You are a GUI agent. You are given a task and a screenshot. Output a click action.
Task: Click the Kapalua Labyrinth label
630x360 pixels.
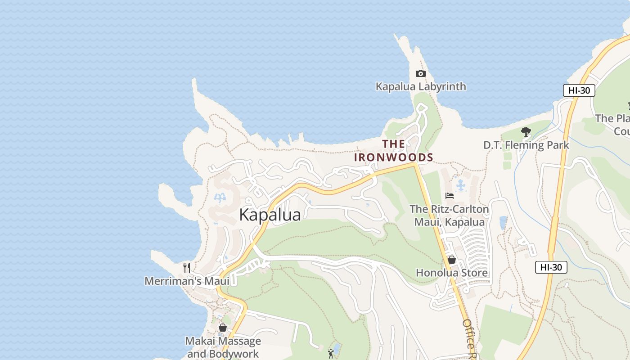point(421,86)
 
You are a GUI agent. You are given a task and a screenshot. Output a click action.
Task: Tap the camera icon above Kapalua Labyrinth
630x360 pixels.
point(420,73)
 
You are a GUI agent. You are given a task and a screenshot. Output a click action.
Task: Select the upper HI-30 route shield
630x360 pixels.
point(579,90)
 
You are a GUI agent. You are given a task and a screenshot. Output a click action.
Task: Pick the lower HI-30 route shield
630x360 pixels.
point(551,267)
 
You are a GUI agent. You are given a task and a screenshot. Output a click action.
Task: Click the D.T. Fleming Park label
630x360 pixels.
point(526,145)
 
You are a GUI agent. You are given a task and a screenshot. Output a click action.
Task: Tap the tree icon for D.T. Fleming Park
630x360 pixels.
point(526,132)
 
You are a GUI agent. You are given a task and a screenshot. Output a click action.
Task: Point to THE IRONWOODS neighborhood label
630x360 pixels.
point(393,151)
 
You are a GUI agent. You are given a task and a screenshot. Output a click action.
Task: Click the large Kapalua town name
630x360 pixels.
point(270,215)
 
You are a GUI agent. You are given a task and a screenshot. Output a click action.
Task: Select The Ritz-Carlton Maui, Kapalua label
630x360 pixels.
point(449,216)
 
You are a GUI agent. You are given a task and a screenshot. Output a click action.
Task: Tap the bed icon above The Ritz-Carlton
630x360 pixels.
point(449,195)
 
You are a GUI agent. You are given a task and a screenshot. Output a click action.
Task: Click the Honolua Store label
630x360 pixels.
point(451,273)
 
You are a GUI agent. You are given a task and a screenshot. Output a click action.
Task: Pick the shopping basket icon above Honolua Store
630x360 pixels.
point(451,260)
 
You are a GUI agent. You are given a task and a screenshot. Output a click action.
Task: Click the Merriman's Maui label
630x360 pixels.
point(187,281)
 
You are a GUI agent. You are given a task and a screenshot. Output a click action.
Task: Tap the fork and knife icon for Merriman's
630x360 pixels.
point(187,268)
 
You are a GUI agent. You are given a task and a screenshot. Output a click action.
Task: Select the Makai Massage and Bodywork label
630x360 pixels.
point(223,347)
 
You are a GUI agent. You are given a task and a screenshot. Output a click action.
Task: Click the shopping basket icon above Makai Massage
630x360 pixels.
point(223,328)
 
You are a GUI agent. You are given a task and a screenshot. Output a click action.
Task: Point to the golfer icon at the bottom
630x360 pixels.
point(331,353)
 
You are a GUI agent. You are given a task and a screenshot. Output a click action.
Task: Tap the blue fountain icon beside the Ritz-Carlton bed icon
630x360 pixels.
point(460,185)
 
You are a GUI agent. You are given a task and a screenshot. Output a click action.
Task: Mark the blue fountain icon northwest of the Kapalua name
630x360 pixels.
point(220,198)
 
